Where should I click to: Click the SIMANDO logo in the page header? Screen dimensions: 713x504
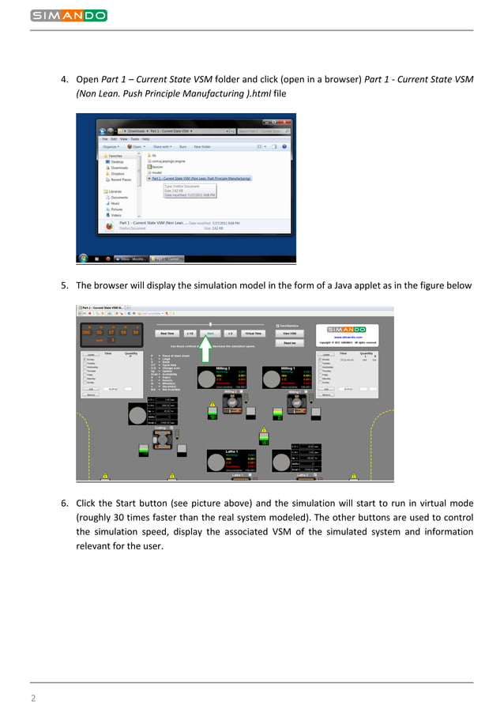(69, 15)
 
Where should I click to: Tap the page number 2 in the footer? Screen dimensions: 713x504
(33, 698)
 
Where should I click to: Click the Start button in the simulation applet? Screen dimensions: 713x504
(210, 334)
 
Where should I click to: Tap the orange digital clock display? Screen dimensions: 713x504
(110, 332)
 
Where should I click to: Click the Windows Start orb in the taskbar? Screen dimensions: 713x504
(83, 258)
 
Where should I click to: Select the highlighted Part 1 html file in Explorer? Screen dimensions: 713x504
(201, 179)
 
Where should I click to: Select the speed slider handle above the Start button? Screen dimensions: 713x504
(210, 324)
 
